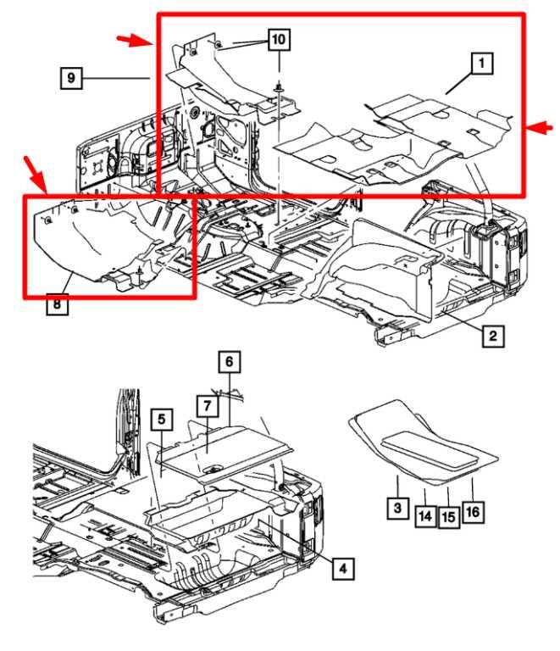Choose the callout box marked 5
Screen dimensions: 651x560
tap(160, 420)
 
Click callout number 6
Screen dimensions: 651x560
tap(228, 361)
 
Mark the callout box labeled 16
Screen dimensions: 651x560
tap(473, 511)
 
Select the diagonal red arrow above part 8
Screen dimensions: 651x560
tap(36, 176)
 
